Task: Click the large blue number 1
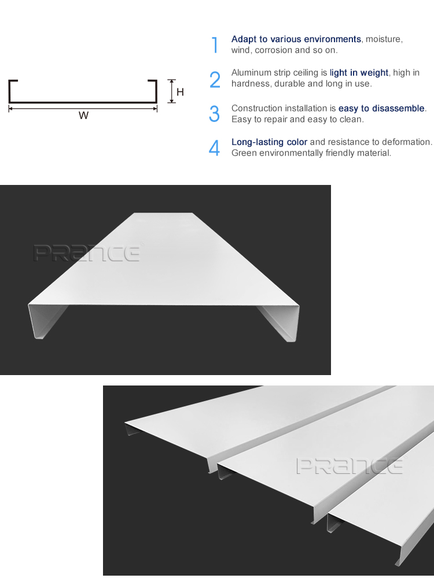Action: pyautogui.click(x=215, y=45)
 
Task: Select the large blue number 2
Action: pyautogui.click(x=215, y=80)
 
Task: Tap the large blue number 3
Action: pyautogui.click(x=215, y=114)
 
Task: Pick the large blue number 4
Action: pyautogui.click(x=215, y=148)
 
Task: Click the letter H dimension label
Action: pyautogui.click(x=180, y=92)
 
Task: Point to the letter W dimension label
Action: pyautogui.click(x=83, y=116)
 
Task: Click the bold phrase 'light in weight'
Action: pyautogui.click(x=359, y=73)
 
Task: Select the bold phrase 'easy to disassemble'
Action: pyautogui.click(x=381, y=109)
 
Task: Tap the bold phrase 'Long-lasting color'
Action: pyautogui.click(x=269, y=142)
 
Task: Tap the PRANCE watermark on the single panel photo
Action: pyautogui.click(x=87, y=253)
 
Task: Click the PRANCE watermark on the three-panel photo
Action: pyautogui.click(x=350, y=466)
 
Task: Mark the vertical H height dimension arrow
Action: pyautogui.click(x=171, y=91)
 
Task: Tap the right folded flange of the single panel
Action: pyautogui.click(x=284, y=321)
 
